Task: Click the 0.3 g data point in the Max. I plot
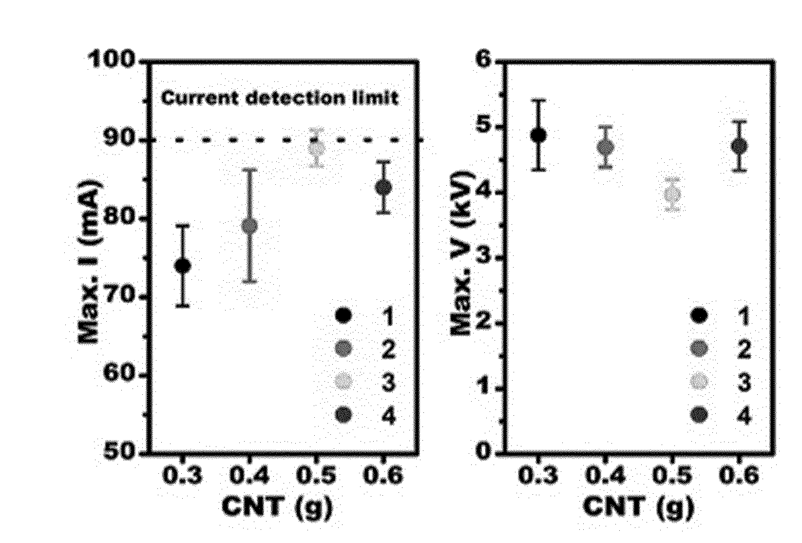(x=182, y=266)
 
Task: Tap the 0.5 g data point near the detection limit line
(x=317, y=148)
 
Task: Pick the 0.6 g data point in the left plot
(x=383, y=187)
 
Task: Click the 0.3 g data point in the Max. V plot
(x=538, y=135)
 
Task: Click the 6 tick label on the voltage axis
(x=484, y=59)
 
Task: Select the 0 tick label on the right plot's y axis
(x=484, y=451)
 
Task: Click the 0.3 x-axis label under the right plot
(x=538, y=476)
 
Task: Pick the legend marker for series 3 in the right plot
(x=699, y=381)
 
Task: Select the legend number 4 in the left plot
(x=388, y=417)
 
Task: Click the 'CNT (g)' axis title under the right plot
(x=638, y=508)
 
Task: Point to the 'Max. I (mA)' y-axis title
(x=90, y=263)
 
